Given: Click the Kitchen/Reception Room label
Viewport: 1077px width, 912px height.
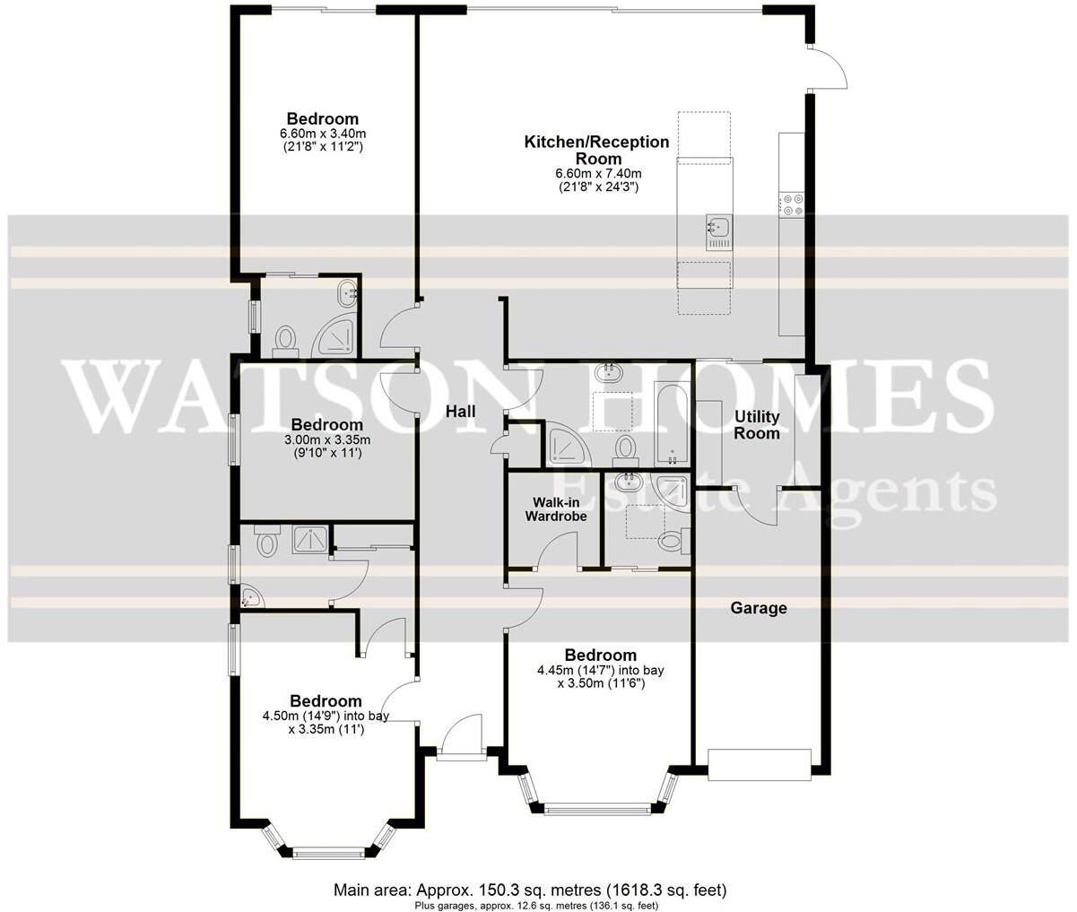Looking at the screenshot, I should (596, 150).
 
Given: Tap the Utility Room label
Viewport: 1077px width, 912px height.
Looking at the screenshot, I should (757, 425).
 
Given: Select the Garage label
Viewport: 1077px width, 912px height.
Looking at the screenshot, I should (758, 608).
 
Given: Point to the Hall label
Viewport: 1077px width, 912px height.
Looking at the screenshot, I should (460, 412).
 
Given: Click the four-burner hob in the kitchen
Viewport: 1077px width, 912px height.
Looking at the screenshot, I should (792, 205).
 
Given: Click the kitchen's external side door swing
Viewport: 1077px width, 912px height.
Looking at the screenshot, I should (827, 67).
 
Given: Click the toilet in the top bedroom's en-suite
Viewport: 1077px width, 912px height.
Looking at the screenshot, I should (285, 339).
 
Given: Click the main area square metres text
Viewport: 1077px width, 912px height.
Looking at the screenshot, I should (529, 890).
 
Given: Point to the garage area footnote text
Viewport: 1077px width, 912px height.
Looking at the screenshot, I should (530, 906).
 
